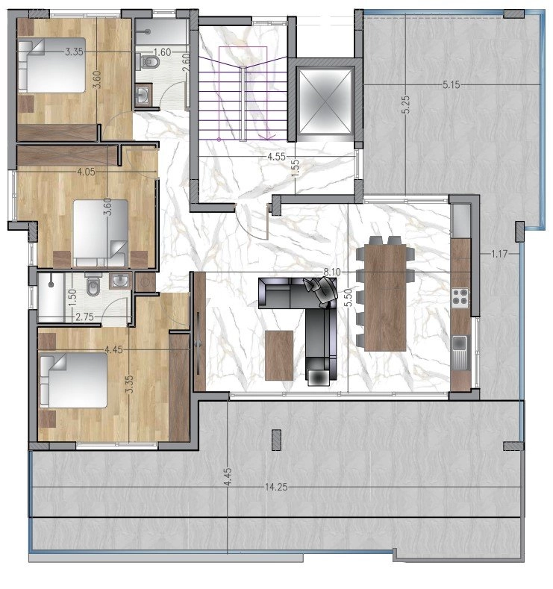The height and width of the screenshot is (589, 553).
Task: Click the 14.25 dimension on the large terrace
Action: coord(276,487)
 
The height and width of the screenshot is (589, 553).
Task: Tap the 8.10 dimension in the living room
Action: coord(332,272)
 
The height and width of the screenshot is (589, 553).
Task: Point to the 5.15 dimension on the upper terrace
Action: coord(451,85)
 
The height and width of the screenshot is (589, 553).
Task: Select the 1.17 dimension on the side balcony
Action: coord(499,255)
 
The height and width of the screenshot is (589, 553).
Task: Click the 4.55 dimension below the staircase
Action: coord(276,157)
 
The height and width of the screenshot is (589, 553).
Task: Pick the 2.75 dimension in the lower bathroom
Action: coord(84,317)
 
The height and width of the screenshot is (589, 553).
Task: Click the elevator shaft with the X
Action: coord(325,101)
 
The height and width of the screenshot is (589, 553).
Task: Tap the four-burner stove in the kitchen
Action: coord(460,296)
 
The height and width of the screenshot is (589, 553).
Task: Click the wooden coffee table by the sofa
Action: coord(279,355)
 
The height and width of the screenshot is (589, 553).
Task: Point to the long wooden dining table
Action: coord(386,298)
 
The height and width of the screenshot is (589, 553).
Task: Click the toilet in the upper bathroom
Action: coord(149,62)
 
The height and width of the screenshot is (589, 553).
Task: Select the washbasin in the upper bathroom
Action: coord(143,95)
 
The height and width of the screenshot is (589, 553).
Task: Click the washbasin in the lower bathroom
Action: coord(120,280)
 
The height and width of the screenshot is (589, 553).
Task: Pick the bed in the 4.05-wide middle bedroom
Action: coord(100,233)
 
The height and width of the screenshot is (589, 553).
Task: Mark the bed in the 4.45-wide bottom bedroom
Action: coord(74,380)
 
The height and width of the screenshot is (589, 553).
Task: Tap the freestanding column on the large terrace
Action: coord(276,440)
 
